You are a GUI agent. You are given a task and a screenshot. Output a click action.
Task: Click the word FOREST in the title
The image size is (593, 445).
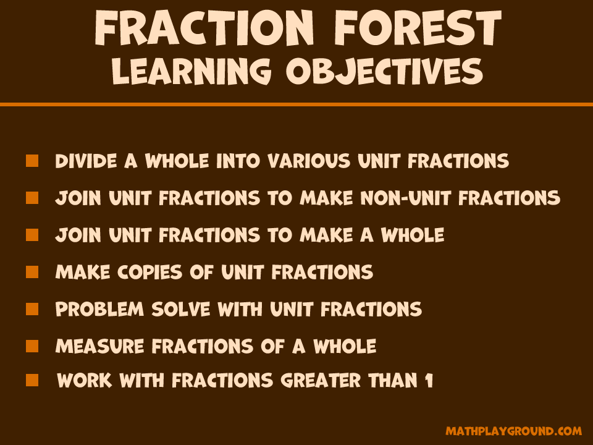pyautogui.click(x=418, y=28)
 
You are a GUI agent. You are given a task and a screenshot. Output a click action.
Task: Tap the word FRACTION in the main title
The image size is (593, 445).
pyautogui.click(x=204, y=28)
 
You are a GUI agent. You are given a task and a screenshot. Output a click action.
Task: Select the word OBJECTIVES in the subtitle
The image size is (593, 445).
pyautogui.click(x=384, y=72)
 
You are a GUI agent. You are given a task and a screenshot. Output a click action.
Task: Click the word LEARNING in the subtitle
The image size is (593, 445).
pyautogui.click(x=191, y=72)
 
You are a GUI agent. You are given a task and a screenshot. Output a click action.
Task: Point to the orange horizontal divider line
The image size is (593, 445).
pyautogui.click(x=296, y=104)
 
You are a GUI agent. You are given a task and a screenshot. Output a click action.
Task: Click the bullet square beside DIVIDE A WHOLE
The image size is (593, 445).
pyautogui.click(x=32, y=161)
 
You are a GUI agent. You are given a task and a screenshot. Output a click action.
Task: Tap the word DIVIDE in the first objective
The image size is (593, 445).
pyautogui.click(x=86, y=161)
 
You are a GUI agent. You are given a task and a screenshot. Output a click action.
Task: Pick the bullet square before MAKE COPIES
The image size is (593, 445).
pyautogui.click(x=32, y=272)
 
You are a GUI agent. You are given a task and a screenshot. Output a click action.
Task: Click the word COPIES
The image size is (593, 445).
pyautogui.click(x=149, y=272)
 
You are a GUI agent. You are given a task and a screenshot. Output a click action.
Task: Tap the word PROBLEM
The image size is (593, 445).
pyautogui.click(x=99, y=309)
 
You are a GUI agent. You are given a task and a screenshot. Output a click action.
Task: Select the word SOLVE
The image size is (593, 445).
pyautogui.click(x=181, y=309)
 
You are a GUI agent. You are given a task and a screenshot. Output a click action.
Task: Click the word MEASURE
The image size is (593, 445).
pyautogui.click(x=99, y=346)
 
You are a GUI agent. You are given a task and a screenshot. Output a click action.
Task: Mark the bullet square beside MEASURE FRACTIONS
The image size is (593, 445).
pyautogui.click(x=32, y=346)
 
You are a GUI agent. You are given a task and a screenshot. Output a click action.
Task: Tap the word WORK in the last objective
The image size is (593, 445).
pyautogui.click(x=85, y=380)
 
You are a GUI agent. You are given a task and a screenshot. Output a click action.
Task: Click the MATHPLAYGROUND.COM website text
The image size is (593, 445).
pyautogui.click(x=513, y=431)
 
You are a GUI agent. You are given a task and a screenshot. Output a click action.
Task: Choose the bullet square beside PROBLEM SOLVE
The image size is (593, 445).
pyautogui.click(x=32, y=309)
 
